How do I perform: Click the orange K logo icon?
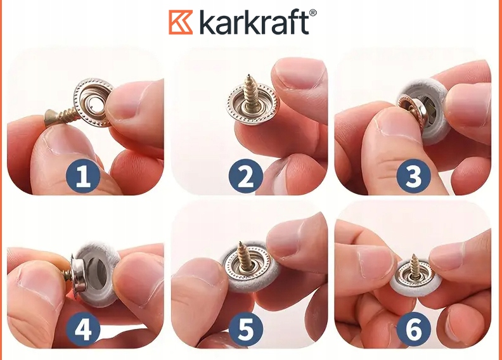[181, 22]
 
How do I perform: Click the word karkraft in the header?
[254, 22]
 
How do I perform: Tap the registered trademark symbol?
[312, 13]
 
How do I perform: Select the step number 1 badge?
[83, 176]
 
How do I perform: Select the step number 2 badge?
[245, 176]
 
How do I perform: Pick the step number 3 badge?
[413, 176]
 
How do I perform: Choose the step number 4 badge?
[83, 329]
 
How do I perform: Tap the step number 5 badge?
[245, 329]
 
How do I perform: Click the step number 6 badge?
[413, 329]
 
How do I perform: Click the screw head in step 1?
[49, 117]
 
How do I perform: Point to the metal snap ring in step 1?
[93, 103]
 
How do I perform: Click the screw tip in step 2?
[248, 75]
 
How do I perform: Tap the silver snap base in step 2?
[253, 104]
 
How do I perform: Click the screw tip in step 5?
[240, 243]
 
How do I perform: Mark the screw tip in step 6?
[415, 255]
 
